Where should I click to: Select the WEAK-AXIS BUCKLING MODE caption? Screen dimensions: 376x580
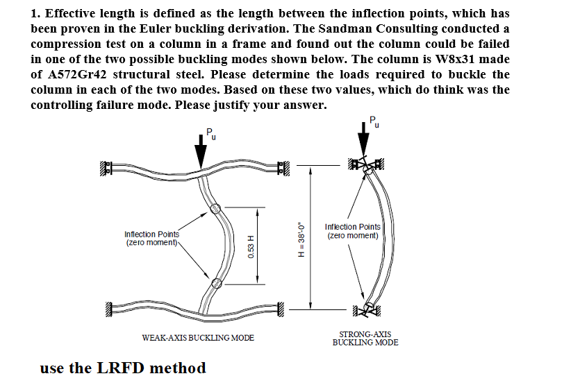click(x=198, y=338)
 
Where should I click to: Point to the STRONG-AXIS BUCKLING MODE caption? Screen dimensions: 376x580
click(x=365, y=339)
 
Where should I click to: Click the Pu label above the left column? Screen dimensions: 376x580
click(x=211, y=133)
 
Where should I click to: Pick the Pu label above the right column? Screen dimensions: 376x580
click(x=376, y=122)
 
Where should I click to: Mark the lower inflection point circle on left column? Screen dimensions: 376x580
click(x=217, y=282)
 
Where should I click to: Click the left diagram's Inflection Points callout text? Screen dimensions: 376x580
click(x=151, y=239)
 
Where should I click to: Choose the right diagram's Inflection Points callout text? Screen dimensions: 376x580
click(x=352, y=231)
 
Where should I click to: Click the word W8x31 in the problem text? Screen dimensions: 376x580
click(x=458, y=59)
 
